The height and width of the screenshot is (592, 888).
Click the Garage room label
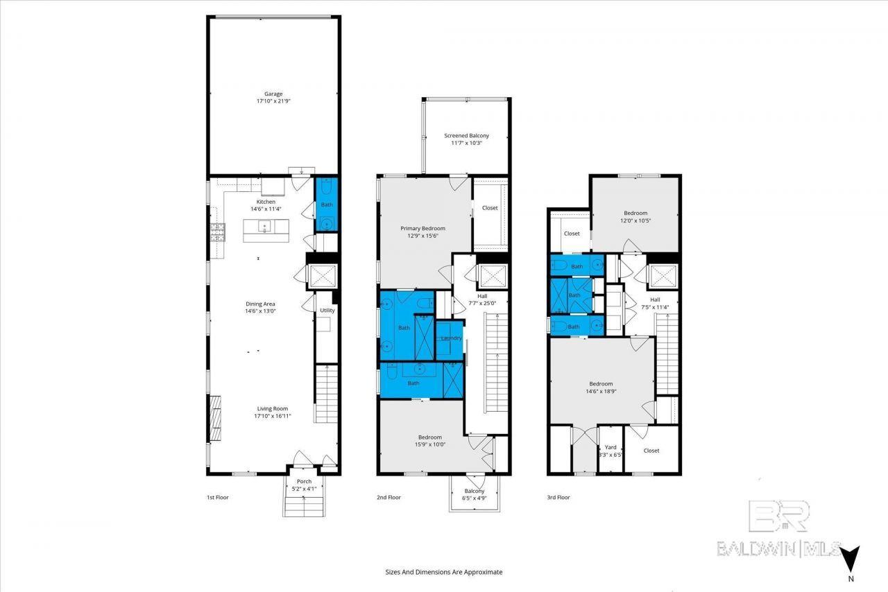[x=273, y=94]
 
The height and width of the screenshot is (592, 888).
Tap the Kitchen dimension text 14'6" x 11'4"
[x=266, y=209]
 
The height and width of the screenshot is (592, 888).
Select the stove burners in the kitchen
[x=217, y=233]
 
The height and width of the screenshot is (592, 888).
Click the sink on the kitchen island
[x=264, y=227]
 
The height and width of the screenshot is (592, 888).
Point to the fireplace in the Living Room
[x=215, y=419]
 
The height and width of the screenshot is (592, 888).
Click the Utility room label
[x=327, y=311]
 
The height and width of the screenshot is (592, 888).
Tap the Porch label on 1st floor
[x=304, y=482]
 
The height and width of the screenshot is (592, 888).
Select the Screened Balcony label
[x=466, y=135]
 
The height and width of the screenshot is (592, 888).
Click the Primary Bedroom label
[x=422, y=228]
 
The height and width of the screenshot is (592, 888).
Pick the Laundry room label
[x=451, y=338]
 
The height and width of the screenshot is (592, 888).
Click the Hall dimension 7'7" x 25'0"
[x=482, y=303]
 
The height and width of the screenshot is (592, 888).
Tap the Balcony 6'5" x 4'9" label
[x=474, y=494]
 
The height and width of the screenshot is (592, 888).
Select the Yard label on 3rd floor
[x=610, y=447]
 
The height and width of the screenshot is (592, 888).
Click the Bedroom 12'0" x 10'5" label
[x=635, y=217]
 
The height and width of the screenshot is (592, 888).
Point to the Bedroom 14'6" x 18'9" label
[x=601, y=388]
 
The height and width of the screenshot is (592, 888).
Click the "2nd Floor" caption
[x=388, y=497]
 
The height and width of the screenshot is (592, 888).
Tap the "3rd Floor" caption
[x=558, y=497]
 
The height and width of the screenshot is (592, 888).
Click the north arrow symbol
[x=851, y=559]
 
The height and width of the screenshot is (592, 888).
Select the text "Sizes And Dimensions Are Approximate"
[x=443, y=572]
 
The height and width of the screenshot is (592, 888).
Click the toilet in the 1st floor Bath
[x=326, y=186]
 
